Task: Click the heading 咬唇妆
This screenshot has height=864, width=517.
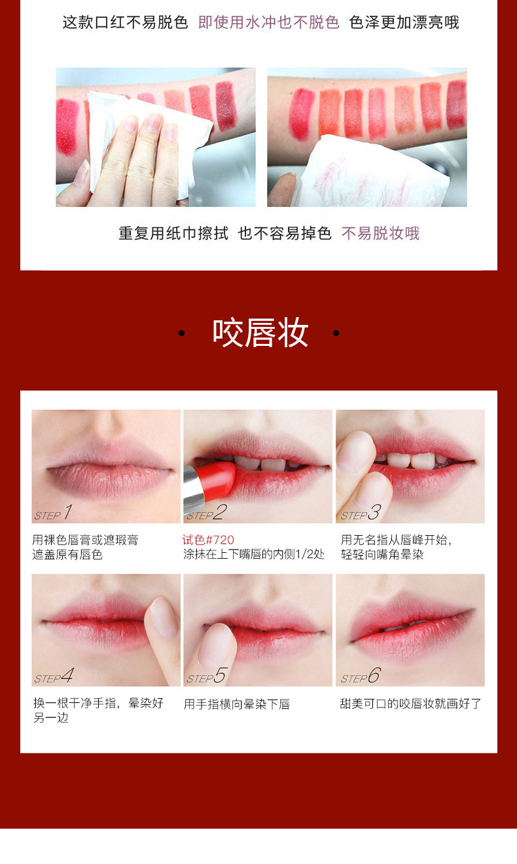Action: [260, 333]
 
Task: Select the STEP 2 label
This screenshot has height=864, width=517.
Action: [206, 513]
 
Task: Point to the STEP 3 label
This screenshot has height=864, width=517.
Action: [360, 513]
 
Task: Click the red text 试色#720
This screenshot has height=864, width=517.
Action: [208, 540]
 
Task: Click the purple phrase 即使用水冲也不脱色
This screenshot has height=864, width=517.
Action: [268, 23]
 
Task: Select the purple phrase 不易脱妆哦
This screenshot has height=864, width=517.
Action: [380, 233]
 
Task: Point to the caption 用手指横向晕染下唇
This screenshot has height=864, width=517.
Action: [237, 704]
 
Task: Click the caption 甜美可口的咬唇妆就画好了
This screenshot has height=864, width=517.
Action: [411, 704]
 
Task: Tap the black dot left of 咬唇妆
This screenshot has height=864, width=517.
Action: [181, 333]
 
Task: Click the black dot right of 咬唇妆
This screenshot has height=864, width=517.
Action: [336, 333]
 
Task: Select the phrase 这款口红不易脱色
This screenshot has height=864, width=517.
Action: [125, 23]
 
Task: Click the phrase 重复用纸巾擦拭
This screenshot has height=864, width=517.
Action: [173, 233]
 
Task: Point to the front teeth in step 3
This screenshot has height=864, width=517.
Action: [410, 460]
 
